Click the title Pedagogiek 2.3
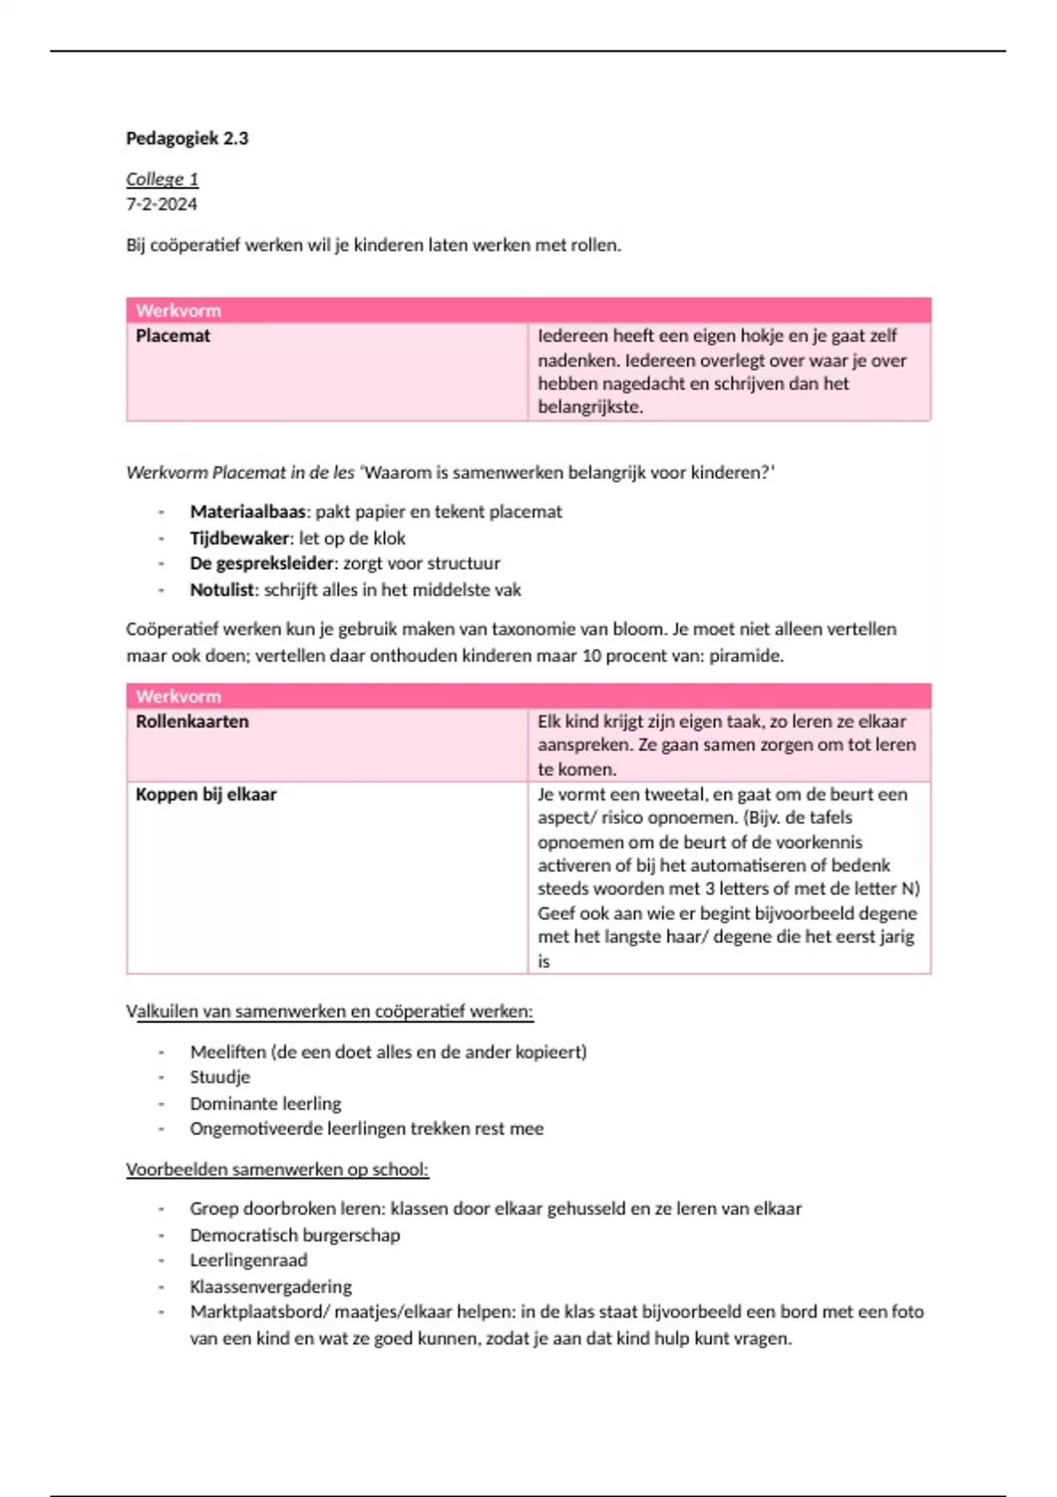coord(187,138)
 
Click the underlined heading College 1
coord(162,180)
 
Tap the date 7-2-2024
coord(161,204)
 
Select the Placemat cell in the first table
coord(173,336)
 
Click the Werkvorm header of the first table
coord(178,310)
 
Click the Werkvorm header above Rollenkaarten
coord(178,696)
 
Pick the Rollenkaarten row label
coord(192,721)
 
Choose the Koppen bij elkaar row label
coord(205,794)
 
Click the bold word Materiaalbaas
coord(248,512)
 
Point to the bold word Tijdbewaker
coord(240,538)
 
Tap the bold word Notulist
coord(222,590)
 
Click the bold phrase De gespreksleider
coord(262,564)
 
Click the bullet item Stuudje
coord(219,1077)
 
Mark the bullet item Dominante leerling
coord(265,1103)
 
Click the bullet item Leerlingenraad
coord(248,1260)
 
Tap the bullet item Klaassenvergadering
coord(270,1287)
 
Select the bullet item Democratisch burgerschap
coord(294,1235)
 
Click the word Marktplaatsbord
coord(255,1312)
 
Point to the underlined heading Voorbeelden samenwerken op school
coord(277,1169)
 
